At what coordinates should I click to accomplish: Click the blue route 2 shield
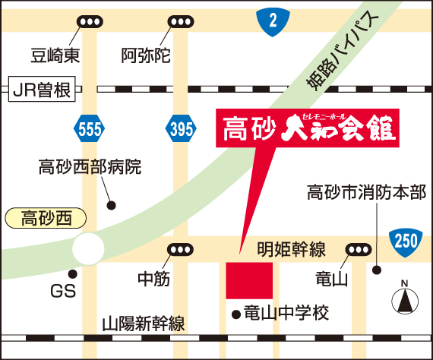click(x=273, y=22)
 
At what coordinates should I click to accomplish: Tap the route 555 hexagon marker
click(x=90, y=128)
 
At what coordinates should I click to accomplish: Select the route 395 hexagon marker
click(x=181, y=128)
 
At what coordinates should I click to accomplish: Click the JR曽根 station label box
click(x=42, y=89)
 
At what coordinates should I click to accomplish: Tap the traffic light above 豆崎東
click(x=90, y=22)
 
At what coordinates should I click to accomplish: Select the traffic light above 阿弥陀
click(x=181, y=22)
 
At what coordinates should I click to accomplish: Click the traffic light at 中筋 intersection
click(x=180, y=250)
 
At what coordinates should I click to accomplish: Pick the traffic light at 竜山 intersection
click(x=359, y=250)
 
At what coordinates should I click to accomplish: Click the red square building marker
click(x=249, y=280)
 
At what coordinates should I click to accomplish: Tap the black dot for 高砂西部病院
click(x=111, y=205)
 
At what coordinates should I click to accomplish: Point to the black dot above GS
click(x=73, y=274)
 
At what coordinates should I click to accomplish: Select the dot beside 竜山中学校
click(x=236, y=314)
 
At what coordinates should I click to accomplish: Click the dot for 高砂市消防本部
click(x=377, y=270)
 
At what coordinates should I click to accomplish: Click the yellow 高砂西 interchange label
click(x=46, y=218)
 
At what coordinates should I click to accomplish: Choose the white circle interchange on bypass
click(x=88, y=248)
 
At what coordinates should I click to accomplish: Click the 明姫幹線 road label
click(x=292, y=249)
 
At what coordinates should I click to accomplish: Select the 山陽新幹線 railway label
click(x=144, y=324)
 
